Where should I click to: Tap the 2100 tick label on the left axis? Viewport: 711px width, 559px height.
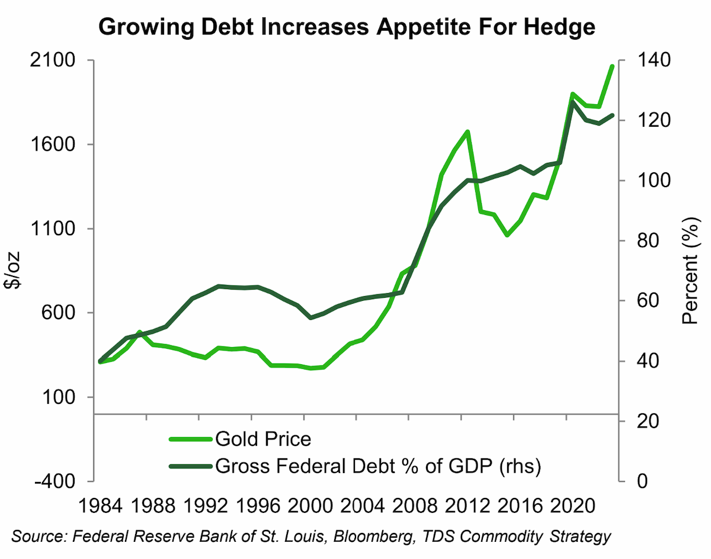point(53,60)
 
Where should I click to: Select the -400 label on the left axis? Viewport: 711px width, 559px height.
point(55,481)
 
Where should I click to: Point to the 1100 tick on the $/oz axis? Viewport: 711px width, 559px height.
point(53,229)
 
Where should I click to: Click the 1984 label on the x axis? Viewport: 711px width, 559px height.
point(100,506)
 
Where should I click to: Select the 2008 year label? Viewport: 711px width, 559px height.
point(415,506)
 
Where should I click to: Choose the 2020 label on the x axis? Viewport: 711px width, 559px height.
point(572,506)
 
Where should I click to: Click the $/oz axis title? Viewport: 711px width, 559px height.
point(12,270)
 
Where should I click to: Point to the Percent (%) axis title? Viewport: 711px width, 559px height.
point(690,271)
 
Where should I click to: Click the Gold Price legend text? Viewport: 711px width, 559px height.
point(263,439)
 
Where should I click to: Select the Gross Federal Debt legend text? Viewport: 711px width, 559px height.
point(378,466)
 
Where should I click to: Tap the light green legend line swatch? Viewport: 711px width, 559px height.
point(190,439)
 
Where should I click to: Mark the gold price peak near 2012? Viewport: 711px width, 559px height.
point(467,131)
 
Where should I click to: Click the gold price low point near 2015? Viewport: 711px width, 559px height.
point(507,235)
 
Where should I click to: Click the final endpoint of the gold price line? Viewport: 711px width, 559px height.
point(611,67)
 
